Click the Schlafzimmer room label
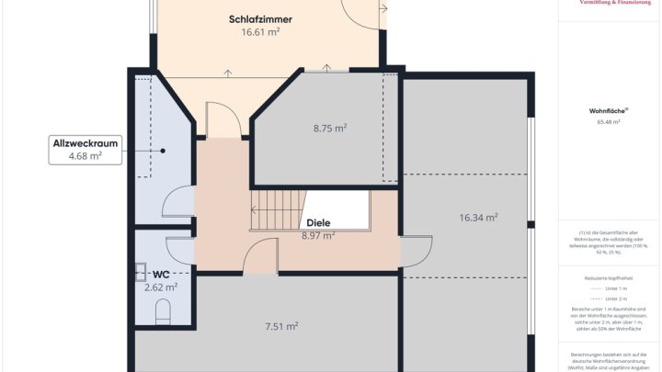260,18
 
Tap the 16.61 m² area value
260,32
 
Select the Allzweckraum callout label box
85,150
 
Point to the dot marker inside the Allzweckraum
163,151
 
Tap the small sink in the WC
141,271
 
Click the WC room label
161,274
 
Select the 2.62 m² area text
161,287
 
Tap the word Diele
318,222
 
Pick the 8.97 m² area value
318,235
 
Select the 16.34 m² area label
478,218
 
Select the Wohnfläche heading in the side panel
608,110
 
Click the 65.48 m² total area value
608,121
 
